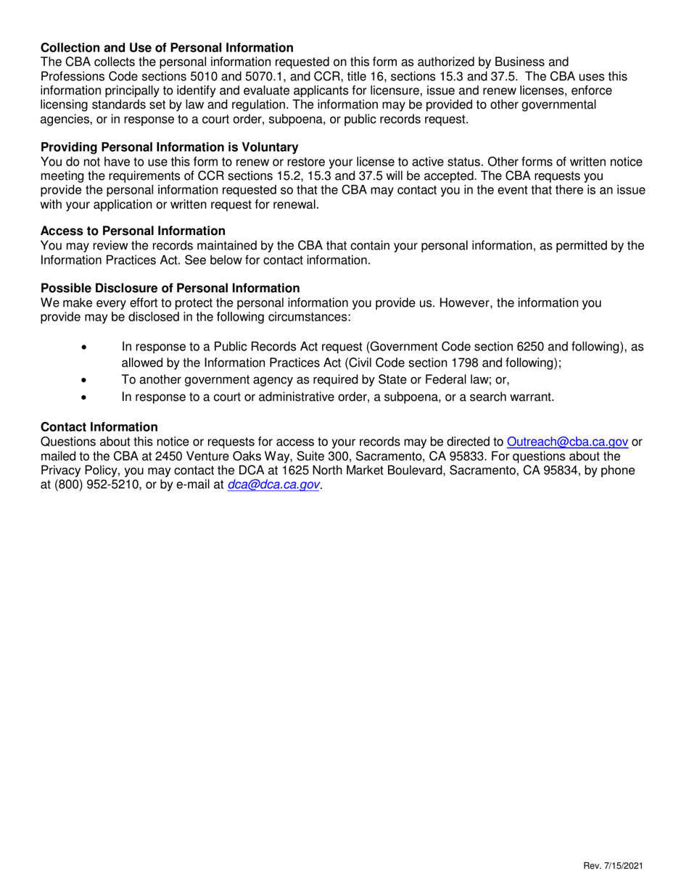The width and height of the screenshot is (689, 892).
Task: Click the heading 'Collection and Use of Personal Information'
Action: click(167, 48)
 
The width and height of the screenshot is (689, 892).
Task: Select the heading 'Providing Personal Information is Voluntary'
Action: click(169, 147)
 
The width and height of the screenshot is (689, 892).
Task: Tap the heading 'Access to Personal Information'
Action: click(133, 231)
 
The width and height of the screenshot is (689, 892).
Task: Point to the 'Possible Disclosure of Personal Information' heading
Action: click(170, 288)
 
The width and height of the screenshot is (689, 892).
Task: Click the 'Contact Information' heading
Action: click(99, 427)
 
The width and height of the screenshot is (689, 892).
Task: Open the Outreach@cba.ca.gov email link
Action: click(567, 442)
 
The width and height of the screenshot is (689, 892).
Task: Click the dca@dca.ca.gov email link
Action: click(273, 485)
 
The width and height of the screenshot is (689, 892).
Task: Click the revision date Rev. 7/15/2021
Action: click(612, 866)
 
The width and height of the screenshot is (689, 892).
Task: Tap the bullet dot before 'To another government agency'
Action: click(88, 379)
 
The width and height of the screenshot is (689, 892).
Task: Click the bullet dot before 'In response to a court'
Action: click(88, 397)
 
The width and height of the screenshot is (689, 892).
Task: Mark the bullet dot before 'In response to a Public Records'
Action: click(88, 347)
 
